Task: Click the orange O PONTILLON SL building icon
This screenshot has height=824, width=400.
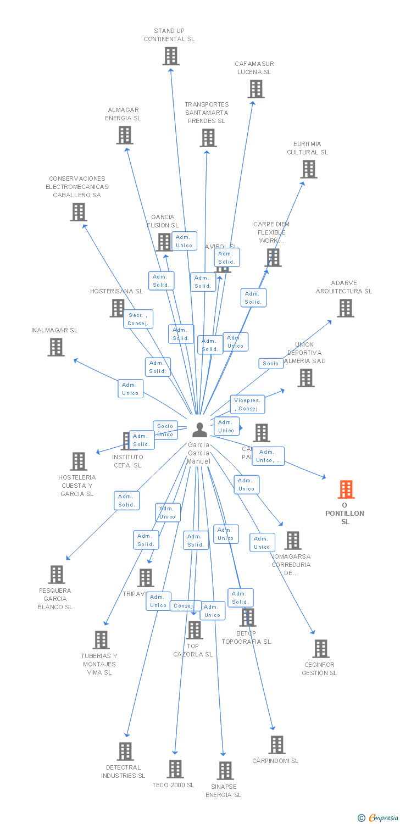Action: click(x=346, y=489)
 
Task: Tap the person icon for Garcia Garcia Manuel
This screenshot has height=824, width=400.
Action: click(x=199, y=430)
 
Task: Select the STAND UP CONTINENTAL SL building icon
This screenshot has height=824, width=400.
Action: click(x=171, y=56)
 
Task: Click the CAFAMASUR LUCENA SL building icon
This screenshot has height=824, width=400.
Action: click(x=255, y=89)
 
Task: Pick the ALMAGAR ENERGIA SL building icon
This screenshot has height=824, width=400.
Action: click(x=125, y=135)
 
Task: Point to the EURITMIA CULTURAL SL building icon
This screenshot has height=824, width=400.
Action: click(x=309, y=169)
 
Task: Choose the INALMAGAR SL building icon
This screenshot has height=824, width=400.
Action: click(x=55, y=347)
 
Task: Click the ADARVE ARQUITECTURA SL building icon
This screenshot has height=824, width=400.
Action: click(x=345, y=308)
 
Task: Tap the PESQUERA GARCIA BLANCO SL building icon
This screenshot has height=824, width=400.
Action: click(x=56, y=575)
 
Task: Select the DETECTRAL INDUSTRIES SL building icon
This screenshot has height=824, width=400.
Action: click(x=125, y=751)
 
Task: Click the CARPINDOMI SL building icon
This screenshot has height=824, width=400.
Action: click(x=276, y=745)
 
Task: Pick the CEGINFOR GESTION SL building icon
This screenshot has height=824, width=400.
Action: click(x=320, y=649)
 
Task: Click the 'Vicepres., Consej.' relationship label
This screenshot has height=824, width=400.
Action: click(x=247, y=404)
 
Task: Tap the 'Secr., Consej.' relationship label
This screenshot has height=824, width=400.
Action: click(x=138, y=319)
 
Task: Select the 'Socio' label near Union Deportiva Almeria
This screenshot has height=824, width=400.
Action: click(x=270, y=364)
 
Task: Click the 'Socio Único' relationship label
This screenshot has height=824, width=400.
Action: click(x=165, y=430)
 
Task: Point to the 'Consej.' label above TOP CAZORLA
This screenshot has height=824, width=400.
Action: click(x=183, y=605)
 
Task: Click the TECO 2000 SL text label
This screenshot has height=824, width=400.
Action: click(x=173, y=785)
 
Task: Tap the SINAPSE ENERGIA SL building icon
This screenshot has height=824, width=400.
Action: click(x=225, y=771)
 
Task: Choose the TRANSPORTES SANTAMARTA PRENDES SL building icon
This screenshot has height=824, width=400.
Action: click(x=208, y=138)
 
